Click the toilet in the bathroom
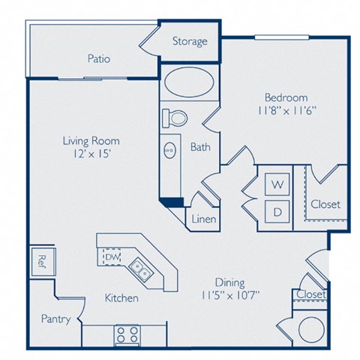pos(175,117)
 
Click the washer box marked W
pos(277,184)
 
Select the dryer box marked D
pos(277,212)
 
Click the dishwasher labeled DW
pos(112,258)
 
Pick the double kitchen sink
pos(140,268)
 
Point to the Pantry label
pos(56,319)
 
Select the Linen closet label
pos(204,220)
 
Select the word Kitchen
pos(121,298)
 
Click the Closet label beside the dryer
pos(324,204)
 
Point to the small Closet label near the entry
pos(310,295)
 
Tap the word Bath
pos(199,147)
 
